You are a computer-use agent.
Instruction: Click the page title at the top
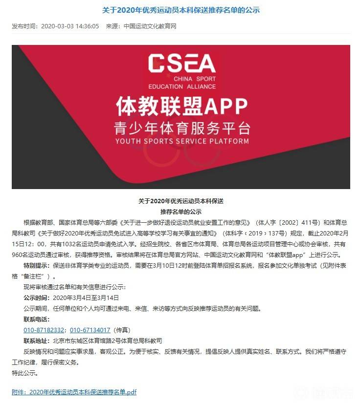coord(180,9)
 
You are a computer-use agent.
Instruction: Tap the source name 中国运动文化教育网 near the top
coord(150,26)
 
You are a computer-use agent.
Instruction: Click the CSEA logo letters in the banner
coord(181,63)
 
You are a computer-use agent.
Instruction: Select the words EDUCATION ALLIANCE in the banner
coord(181,86)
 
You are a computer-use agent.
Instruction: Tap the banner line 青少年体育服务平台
coord(181,128)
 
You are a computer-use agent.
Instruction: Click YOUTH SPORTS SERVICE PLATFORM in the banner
coord(181,141)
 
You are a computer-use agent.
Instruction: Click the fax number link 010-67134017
coord(90,330)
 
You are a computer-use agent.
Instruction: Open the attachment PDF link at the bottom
coord(74,392)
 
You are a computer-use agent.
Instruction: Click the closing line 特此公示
coord(24,373)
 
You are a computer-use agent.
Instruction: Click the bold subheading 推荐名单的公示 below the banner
coord(180,212)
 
